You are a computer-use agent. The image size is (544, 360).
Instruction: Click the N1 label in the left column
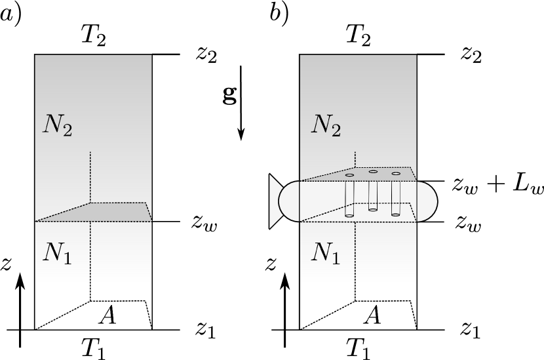pyautogui.click(x=57, y=252)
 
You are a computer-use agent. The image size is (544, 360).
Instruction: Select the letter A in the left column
pyautogui.click(x=107, y=316)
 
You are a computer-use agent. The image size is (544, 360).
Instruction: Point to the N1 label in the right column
pyautogui.click(x=325, y=252)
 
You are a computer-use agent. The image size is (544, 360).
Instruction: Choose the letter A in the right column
pyautogui.click(x=372, y=316)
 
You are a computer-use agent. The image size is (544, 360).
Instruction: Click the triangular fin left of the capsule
pyautogui.click(x=275, y=201)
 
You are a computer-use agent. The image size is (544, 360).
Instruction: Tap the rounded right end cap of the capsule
pyautogui.click(x=427, y=201)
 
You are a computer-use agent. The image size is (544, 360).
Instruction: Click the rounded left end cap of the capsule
pyautogui.click(x=289, y=201)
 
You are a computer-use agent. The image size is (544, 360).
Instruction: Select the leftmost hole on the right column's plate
pyautogui.click(x=349, y=175)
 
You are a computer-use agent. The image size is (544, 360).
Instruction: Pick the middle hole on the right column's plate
pyautogui.click(x=373, y=172)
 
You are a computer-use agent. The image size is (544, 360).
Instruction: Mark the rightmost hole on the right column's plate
pyautogui.click(x=396, y=174)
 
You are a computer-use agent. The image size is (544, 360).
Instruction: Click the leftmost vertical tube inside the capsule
pyautogui.click(x=349, y=197)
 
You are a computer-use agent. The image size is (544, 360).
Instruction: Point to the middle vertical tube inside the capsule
pyautogui.click(x=373, y=193)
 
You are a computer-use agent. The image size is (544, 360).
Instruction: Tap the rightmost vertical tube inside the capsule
pyautogui.click(x=396, y=195)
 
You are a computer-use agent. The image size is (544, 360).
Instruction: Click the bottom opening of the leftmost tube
pyautogui.click(x=349, y=214)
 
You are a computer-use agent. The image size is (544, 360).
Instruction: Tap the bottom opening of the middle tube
pyautogui.click(x=373, y=210)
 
